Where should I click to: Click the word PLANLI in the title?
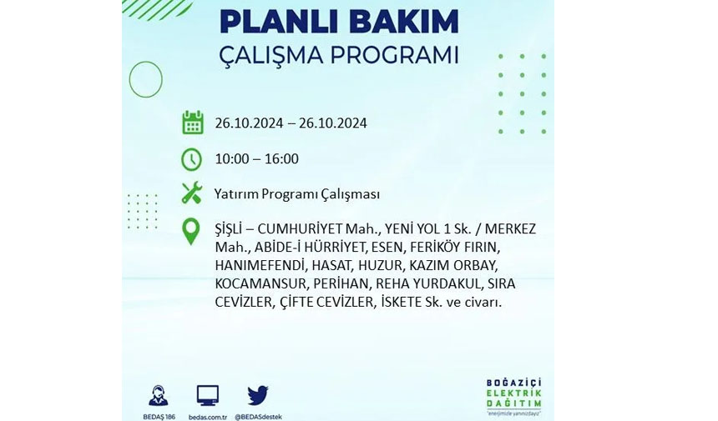pyautogui.click(x=269, y=22)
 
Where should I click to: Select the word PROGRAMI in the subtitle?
pyautogui.click(x=394, y=55)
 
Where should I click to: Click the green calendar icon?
pyautogui.click(x=193, y=122)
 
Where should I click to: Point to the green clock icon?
pyautogui.click(x=191, y=159)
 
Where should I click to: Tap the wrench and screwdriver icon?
pyautogui.click(x=191, y=193)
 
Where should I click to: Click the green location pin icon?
pyautogui.click(x=191, y=231)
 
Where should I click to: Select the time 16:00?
pyautogui.click(x=281, y=158)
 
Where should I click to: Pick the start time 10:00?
pyautogui.click(x=232, y=158)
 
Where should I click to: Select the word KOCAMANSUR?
pyautogui.click(x=260, y=284)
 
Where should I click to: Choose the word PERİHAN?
pyautogui.click(x=341, y=284)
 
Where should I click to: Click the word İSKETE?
pyautogui.click(x=398, y=302)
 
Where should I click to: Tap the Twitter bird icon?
pyautogui.click(x=258, y=395)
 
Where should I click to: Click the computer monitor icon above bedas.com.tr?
pyautogui.click(x=208, y=396)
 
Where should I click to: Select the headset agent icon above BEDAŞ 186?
pyautogui.click(x=159, y=396)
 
